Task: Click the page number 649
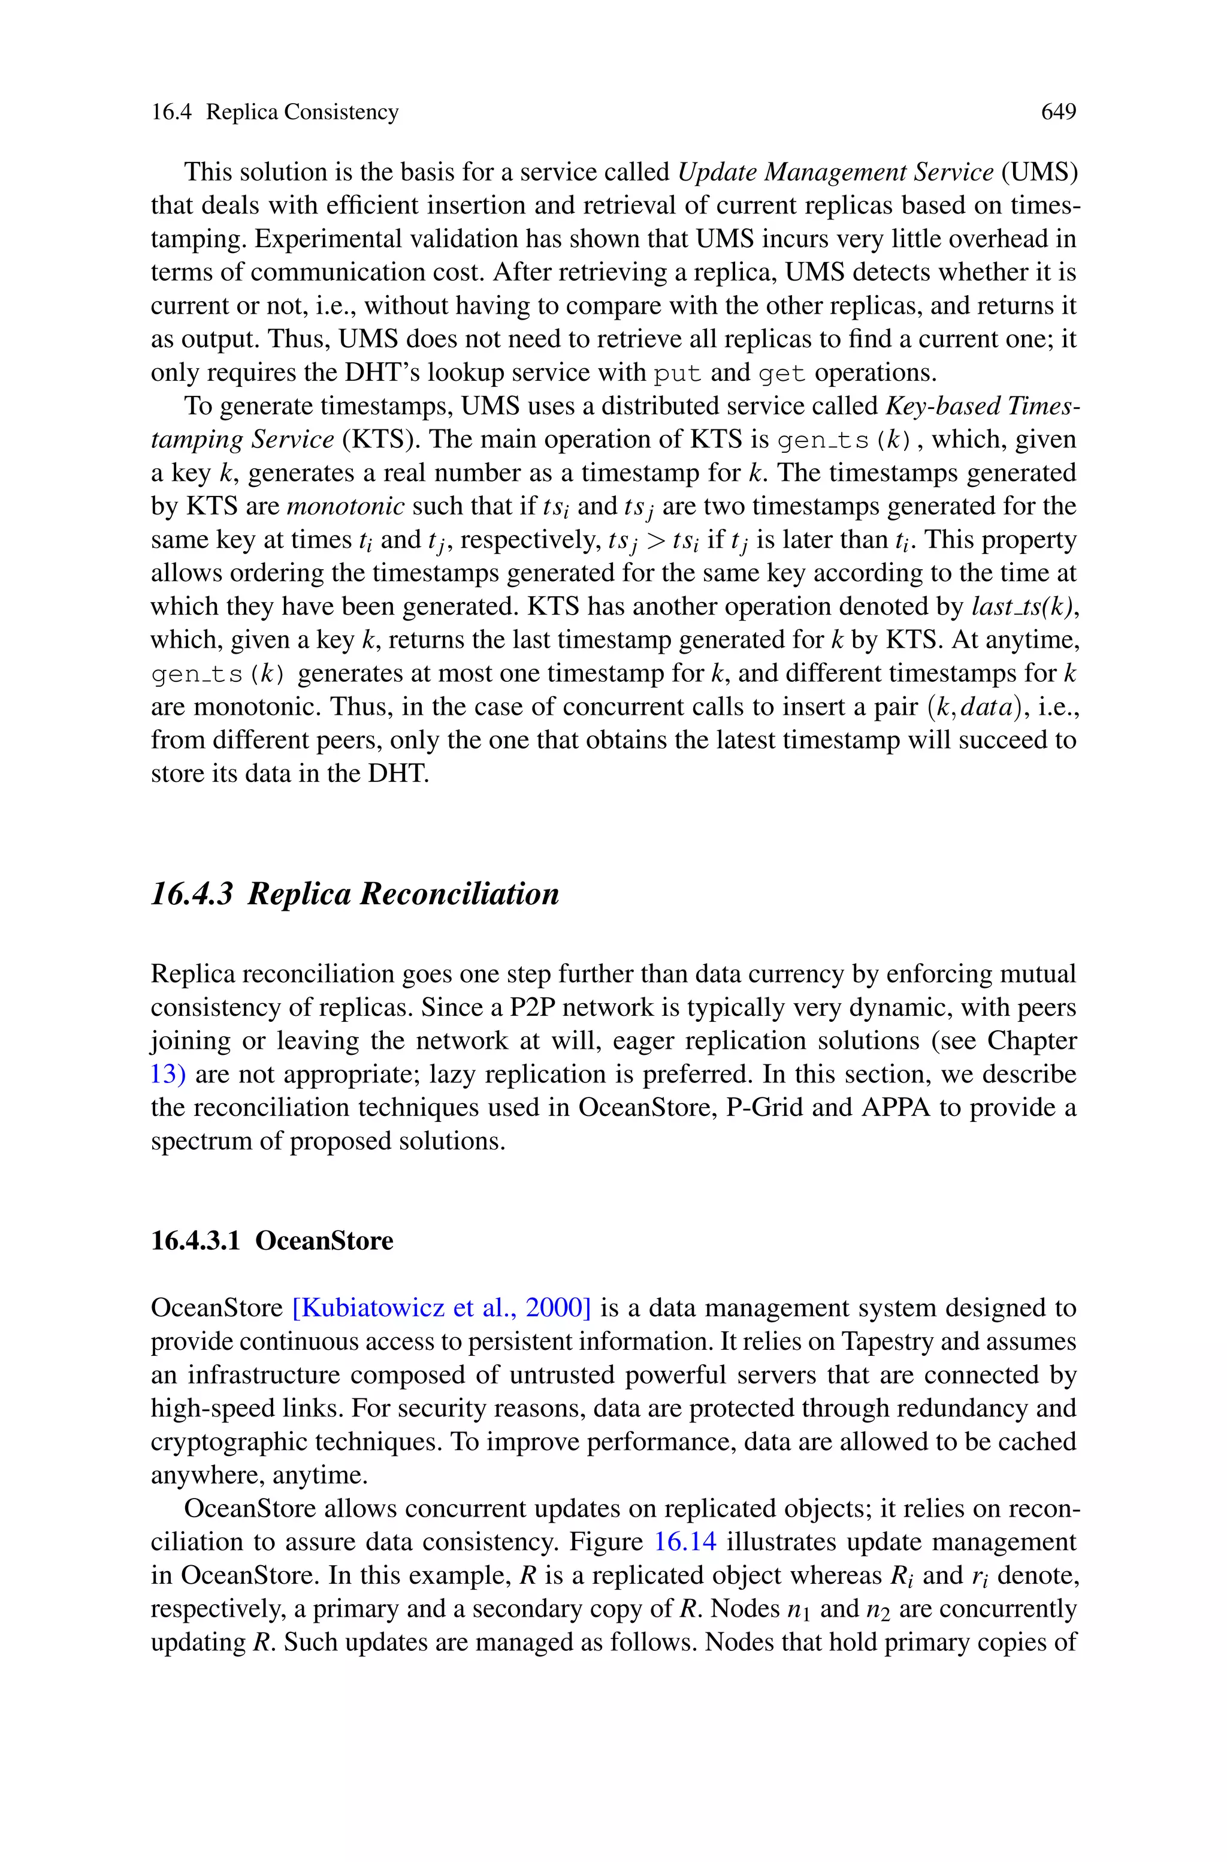tap(1058, 113)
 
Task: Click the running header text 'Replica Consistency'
tap(302, 113)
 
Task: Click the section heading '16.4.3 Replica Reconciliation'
tap(355, 894)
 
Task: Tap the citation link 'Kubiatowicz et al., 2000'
tap(442, 1308)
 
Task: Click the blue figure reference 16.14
tap(685, 1542)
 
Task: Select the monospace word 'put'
tap(677, 374)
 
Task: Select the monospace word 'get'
tap(782, 374)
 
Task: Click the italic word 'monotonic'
tap(345, 507)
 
